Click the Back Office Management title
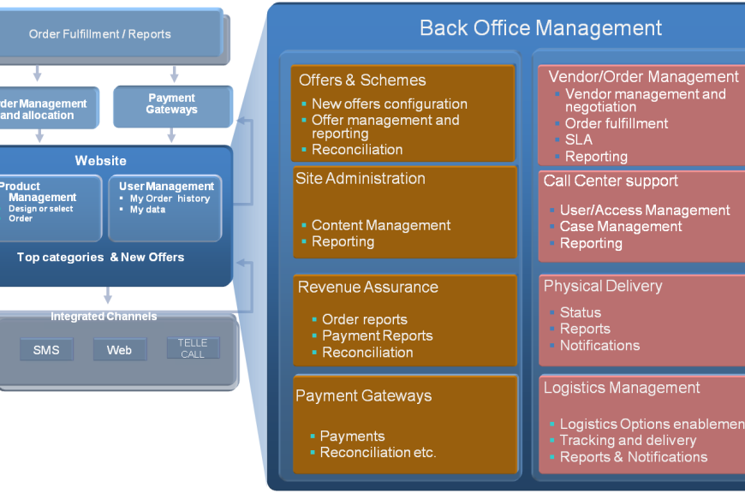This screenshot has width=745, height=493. tap(540, 27)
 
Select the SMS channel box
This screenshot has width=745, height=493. tap(46, 349)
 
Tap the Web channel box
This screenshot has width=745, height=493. tap(119, 349)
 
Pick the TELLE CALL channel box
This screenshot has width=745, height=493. tap(193, 348)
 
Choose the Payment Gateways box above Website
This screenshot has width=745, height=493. tap(172, 104)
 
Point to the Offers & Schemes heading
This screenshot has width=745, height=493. tap(362, 80)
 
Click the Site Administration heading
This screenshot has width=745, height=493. tap(361, 179)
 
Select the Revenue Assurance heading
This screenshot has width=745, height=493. tap(368, 288)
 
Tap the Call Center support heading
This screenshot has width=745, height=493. tap(611, 181)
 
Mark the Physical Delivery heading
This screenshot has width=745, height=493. tap(603, 286)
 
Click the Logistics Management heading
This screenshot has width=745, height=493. tap(622, 388)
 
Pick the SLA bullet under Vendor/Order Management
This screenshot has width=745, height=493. tap(578, 140)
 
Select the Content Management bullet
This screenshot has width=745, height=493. tap(380, 226)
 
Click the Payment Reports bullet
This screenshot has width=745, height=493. tap(377, 336)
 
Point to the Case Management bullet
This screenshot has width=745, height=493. tap(620, 227)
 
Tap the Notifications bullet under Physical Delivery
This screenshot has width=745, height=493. tap(599, 346)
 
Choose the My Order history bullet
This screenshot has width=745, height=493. tap(170, 199)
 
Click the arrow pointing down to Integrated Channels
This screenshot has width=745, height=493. tap(107, 296)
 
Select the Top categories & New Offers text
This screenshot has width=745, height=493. tap(100, 257)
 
